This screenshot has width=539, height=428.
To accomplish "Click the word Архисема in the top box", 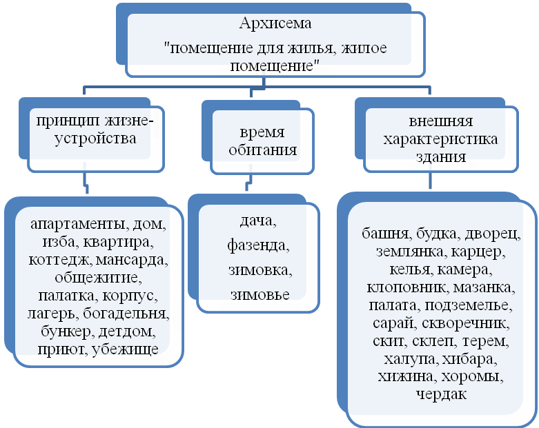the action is tap(274, 23).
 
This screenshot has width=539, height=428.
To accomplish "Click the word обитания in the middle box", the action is tap(255, 150).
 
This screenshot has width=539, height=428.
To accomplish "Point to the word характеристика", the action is tap(429, 140).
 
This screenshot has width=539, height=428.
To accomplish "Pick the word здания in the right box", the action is tap(431, 156).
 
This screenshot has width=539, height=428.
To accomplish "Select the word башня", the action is tap(381, 233).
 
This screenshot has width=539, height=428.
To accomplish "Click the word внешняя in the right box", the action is tap(431, 122).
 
